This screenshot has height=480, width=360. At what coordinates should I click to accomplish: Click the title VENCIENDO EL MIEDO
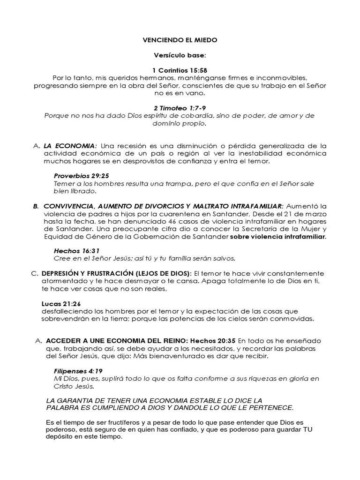point(180,40)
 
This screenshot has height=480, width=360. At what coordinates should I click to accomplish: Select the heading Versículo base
point(180,55)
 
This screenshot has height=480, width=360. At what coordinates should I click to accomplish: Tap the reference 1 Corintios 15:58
point(180,70)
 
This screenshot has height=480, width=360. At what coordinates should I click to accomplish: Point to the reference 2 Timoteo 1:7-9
point(180,108)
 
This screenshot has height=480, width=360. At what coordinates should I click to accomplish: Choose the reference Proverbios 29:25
point(80,176)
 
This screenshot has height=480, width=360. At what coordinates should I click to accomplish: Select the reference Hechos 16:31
point(77,251)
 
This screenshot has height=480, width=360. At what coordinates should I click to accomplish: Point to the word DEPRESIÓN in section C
point(60,273)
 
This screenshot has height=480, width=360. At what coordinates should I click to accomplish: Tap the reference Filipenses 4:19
point(78,371)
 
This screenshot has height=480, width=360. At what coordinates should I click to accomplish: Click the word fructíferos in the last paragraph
point(123,423)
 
